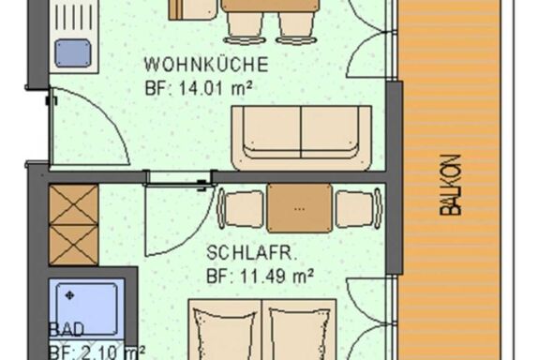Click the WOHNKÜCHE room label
206,65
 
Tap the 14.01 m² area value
216,88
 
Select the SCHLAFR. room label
251,253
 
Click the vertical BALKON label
450,186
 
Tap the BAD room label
67,329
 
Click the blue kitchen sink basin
73,52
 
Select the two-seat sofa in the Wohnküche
302,138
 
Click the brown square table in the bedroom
300,208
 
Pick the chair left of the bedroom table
241,208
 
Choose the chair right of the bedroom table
359,208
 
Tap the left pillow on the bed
225,334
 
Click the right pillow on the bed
300,334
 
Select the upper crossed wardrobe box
74,205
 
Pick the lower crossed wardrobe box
74,246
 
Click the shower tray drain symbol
70,295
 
